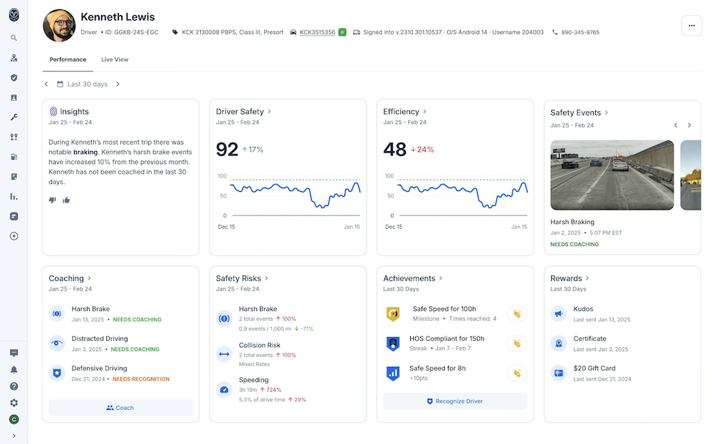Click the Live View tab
[x=115, y=60]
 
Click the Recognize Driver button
[x=455, y=401]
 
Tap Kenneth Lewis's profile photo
[x=60, y=26]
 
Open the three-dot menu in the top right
[x=691, y=26]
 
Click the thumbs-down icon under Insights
[x=52, y=200]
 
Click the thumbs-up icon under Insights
[x=66, y=200]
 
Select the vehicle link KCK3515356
[x=317, y=33]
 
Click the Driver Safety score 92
[x=227, y=149]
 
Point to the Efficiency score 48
[x=394, y=149]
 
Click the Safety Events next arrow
[x=689, y=125]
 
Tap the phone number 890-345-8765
[x=580, y=33]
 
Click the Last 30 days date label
[x=87, y=84]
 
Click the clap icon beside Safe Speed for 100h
[x=517, y=314]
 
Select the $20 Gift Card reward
[x=594, y=368]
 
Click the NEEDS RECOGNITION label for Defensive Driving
[x=141, y=379]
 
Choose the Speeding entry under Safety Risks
[x=253, y=380]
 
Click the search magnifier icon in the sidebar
[x=14, y=38]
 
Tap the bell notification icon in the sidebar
[x=14, y=370]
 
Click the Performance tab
[x=68, y=60]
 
